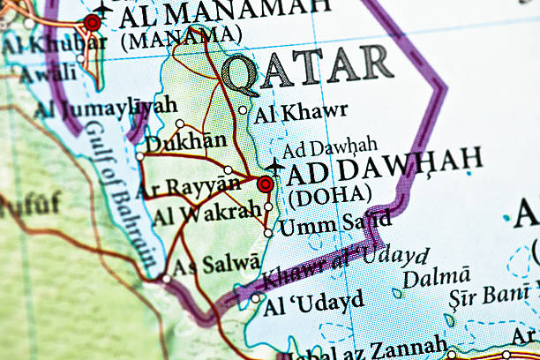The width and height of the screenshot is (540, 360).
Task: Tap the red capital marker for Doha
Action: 265,184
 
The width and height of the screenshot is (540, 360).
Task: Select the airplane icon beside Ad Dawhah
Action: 275,165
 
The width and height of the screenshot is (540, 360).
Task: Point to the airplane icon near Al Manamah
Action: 103,8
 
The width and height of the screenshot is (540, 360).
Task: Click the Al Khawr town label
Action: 300,113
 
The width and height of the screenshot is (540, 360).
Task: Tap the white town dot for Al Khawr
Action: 243,110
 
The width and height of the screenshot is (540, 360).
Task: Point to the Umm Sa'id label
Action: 322,225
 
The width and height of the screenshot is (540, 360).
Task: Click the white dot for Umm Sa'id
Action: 268,233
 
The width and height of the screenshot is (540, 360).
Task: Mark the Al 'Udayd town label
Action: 313,302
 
